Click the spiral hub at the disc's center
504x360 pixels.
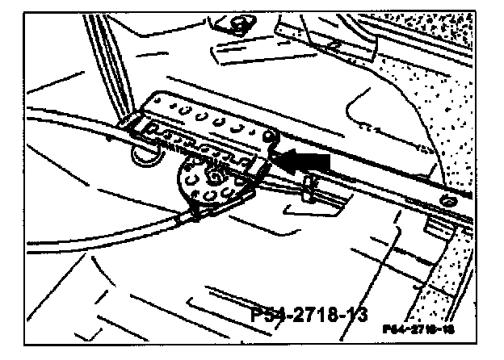[x=216, y=174]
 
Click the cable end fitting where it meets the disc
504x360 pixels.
[x=196, y=211]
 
